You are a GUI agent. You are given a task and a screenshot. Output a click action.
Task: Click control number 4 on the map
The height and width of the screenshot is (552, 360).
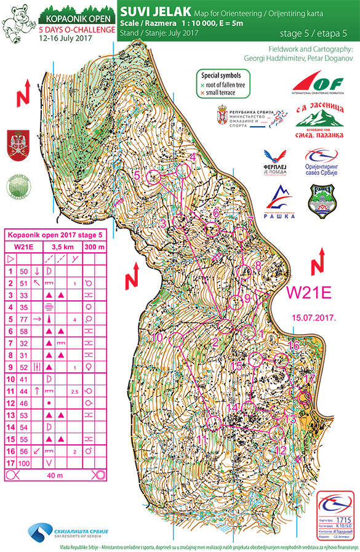tap(193, 157)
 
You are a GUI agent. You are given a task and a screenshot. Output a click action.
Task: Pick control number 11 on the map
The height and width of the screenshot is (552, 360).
tap(202, 439)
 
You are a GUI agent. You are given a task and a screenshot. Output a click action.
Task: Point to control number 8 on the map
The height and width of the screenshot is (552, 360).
tap(258, 266)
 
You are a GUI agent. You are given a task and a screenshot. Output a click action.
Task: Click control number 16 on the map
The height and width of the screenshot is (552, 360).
tap(294, 346)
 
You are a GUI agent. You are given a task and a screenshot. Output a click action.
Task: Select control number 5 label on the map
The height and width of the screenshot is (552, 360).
tap(138, 175)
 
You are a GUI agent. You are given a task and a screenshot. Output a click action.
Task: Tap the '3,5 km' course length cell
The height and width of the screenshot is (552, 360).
tap(62, 246)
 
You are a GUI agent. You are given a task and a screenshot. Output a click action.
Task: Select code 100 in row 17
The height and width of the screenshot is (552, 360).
tap(25, 462)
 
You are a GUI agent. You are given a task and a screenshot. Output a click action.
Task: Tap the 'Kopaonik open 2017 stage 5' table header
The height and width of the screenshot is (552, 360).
tap(54, 234)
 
